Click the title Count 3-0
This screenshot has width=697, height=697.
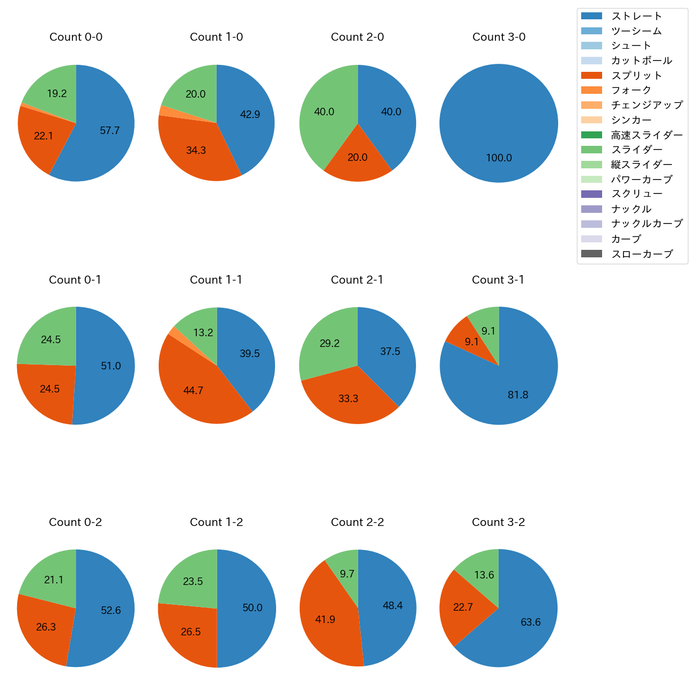(499, 37)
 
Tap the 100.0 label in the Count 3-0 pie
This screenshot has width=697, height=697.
(499, 158)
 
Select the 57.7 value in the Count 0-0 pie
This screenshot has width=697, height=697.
(110, 131)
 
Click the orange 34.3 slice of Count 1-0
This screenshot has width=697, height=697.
(196, 151)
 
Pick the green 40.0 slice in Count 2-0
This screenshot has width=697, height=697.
(324, 112)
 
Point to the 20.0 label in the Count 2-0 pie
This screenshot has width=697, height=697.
(358, 158)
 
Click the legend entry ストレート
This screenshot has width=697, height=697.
(636, 16)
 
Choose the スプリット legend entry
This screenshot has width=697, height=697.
(636, 76)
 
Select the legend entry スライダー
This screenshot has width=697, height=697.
(636, 150)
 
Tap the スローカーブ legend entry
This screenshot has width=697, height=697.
(642, 254)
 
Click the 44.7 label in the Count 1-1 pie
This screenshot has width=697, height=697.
(193, 391)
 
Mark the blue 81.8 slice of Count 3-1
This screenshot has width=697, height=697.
(518, 395)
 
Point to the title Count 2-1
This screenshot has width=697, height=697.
(357, 280)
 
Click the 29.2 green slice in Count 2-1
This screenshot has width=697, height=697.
(329, 344)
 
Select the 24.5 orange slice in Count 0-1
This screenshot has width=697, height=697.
(50, 389)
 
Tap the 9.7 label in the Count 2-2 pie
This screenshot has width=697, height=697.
(347, 574)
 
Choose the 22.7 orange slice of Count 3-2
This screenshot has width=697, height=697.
(463, 607)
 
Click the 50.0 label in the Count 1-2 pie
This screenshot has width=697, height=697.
(253, 608)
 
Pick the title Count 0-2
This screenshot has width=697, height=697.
(76, 522)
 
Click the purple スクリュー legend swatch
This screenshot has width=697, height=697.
(591, 194)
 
